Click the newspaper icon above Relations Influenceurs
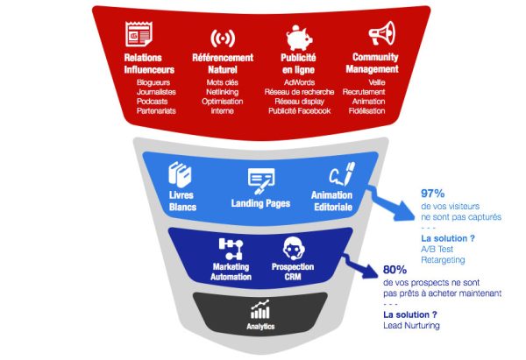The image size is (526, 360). coord(138,36)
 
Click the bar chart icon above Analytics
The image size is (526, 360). coord(260,309)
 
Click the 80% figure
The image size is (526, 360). coord(396,271)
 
